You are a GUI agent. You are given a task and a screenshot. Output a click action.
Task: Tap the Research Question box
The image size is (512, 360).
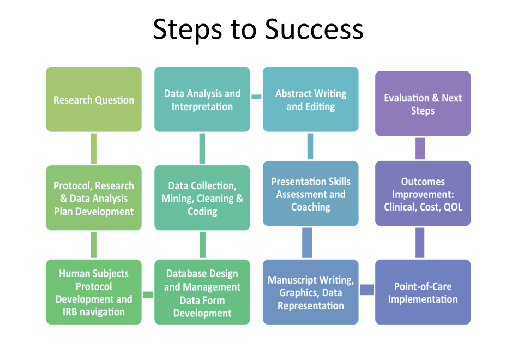point(94,99)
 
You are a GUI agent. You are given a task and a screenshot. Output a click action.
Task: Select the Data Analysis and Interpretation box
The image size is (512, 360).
point(202,99)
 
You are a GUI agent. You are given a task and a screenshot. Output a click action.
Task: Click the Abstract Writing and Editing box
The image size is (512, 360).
point(311,99)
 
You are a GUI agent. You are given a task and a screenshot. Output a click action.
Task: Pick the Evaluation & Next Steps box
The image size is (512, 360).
point(423,104)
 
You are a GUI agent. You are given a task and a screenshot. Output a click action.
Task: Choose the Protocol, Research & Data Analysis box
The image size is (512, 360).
point(94,197)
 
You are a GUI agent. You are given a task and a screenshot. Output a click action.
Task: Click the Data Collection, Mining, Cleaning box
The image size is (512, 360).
point(202,197)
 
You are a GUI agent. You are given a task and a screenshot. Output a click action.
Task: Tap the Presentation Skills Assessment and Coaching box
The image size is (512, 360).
point(311,194)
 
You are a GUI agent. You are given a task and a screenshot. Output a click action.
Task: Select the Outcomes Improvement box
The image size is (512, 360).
point(423,194)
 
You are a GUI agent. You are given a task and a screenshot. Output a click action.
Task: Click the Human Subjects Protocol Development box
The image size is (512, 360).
point(94,292)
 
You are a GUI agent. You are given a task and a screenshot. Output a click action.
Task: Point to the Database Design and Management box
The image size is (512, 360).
point(202,292)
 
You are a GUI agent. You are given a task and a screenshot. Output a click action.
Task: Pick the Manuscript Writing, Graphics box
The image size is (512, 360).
point(311,292)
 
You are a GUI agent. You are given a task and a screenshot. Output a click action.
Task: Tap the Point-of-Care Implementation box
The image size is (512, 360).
point(423,292)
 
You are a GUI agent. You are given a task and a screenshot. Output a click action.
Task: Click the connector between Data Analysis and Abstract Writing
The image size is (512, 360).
point(256,97)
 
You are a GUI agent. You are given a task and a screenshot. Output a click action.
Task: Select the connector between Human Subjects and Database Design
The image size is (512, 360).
point(148,295)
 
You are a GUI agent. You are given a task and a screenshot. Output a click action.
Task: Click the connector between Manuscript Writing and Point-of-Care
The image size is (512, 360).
point(367,290)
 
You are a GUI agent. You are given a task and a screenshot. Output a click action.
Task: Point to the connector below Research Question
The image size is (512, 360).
point(94,148)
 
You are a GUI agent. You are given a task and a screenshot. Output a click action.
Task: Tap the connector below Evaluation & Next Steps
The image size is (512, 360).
point(420,148)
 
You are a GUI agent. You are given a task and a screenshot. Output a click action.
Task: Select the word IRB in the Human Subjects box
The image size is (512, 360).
point(70,312)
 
